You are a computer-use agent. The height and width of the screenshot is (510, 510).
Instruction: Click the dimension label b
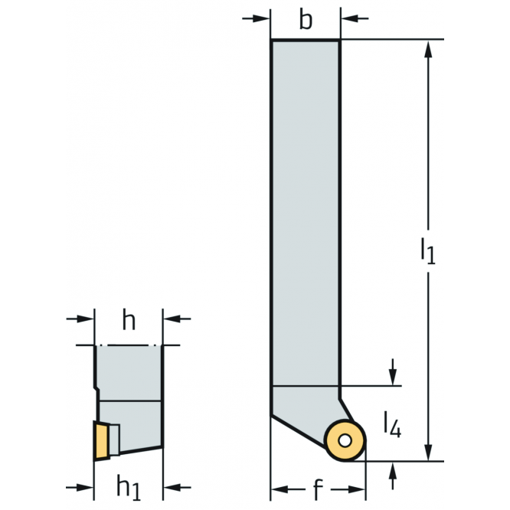pos(306,19)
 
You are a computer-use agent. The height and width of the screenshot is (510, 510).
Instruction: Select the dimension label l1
pos(428,250)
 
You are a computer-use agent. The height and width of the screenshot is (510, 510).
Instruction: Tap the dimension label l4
pos(393,424)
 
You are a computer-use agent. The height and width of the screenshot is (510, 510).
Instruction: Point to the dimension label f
pos(318,489)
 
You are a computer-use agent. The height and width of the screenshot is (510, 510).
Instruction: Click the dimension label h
pos(129,320)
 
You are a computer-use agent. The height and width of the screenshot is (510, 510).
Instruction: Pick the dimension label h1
pos(129,487)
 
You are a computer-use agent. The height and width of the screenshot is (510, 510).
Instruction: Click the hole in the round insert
pos(345,441)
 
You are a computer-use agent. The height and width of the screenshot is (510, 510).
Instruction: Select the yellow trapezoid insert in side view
pos(101,441)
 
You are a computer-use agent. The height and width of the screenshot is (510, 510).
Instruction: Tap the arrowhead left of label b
pos(261,18)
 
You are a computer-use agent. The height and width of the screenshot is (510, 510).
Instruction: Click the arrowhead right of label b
pos(349,18)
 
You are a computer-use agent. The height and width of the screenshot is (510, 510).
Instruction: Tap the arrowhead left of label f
pos(280,489)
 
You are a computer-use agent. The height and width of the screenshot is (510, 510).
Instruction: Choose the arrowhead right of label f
pos(357,489)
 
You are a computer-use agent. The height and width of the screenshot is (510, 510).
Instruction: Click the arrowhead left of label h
pos(85,319)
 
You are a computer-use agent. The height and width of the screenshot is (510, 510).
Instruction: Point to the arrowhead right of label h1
pos(172,487)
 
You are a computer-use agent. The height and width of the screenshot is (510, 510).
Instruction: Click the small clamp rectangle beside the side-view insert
pos(115,440)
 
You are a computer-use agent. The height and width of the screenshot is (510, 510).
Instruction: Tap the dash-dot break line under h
pos(129,345)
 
